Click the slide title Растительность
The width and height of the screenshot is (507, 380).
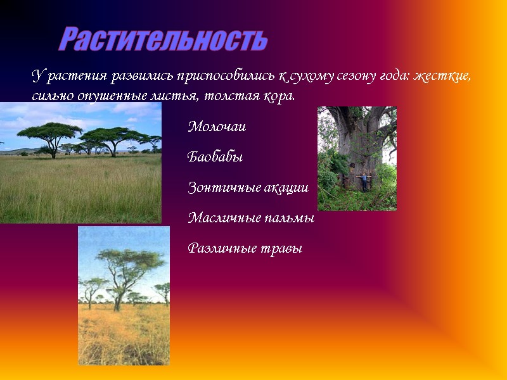click(x=164, y=40)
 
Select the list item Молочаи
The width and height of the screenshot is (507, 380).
click(x=217, y=127)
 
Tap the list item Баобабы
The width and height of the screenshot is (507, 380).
click(x=215, y=157)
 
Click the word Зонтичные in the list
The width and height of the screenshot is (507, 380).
click(x=219, y=188)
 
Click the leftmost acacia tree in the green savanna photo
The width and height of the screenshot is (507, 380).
click(x=49, y=134)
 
